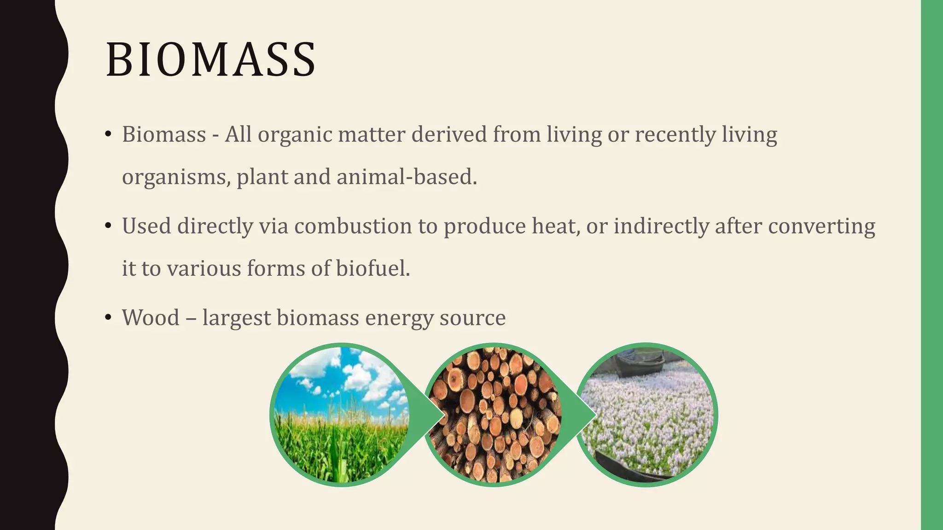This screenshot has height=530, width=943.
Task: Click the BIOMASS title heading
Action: (211, 60)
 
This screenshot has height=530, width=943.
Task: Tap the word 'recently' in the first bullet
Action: (675, 135)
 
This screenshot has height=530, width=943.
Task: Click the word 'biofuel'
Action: (373, 269)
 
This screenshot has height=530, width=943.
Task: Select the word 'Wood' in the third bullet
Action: (151, 318)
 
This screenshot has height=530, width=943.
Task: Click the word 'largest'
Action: (236, 318)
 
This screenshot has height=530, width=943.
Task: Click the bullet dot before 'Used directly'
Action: (108, 226)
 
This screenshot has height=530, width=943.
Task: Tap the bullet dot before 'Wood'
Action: (108, 317)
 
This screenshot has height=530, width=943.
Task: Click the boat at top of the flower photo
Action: (640, 361)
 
